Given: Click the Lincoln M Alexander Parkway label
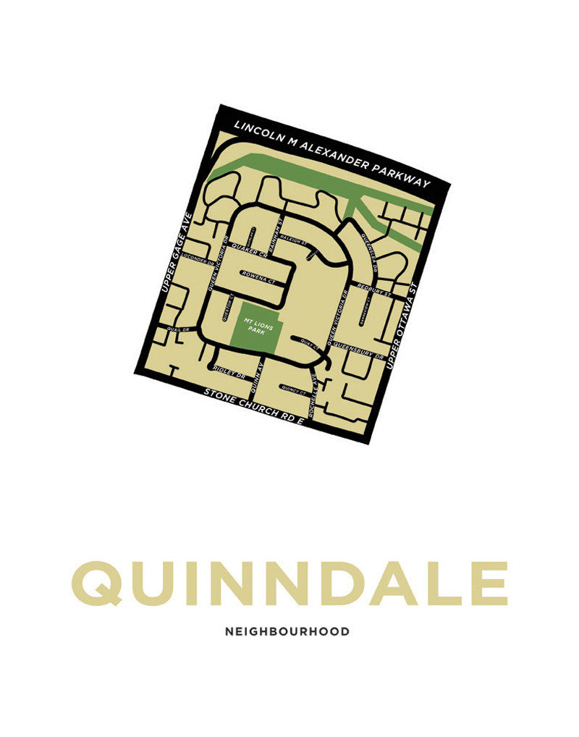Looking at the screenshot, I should coord(331,153).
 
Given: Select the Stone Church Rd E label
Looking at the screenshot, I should coord(252,406).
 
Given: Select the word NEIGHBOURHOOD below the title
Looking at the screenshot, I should coord(287,631).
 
